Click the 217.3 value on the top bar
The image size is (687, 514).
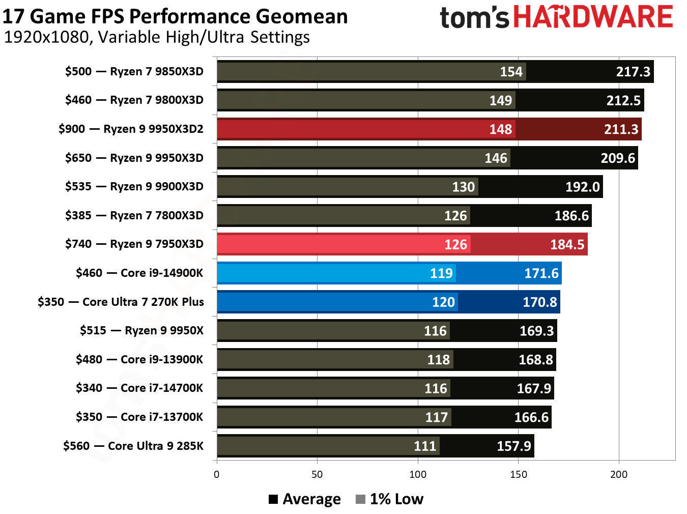[633, 72]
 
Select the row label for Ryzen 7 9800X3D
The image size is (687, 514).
[134, 100]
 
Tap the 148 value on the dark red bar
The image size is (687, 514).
[501, 129]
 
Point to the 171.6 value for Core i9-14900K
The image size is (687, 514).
[541, 273]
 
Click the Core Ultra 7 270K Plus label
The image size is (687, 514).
[121, 302]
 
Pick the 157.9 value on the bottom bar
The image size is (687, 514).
[514, 446]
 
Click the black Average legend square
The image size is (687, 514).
[273, 499]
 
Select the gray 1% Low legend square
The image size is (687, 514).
[360, 499]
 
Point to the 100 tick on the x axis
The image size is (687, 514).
[418, 475]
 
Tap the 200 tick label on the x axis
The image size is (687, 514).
[619, 475]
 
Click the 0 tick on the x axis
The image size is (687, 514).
[217, 475]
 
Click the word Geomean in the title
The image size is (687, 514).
[302, 17]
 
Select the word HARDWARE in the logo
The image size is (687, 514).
[593, 17]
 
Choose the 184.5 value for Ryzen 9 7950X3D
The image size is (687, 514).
[567, 245]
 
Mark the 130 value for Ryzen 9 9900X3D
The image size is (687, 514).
[464, 187]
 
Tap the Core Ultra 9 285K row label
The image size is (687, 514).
[133, 446]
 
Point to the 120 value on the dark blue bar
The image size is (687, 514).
[443, 302]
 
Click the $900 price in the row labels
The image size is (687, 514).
[72, 129]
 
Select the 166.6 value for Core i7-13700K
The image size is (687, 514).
[531, 417]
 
